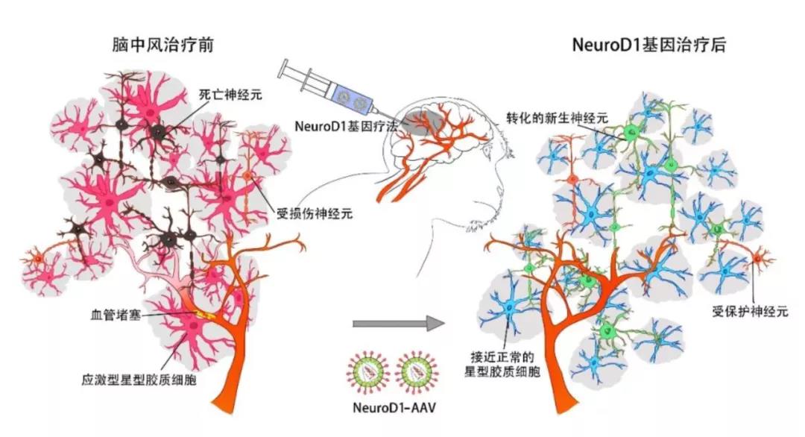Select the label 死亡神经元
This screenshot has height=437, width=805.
(227, 95)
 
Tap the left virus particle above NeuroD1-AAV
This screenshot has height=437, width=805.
(368, 371)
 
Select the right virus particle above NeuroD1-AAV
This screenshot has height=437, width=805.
(421, 371)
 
